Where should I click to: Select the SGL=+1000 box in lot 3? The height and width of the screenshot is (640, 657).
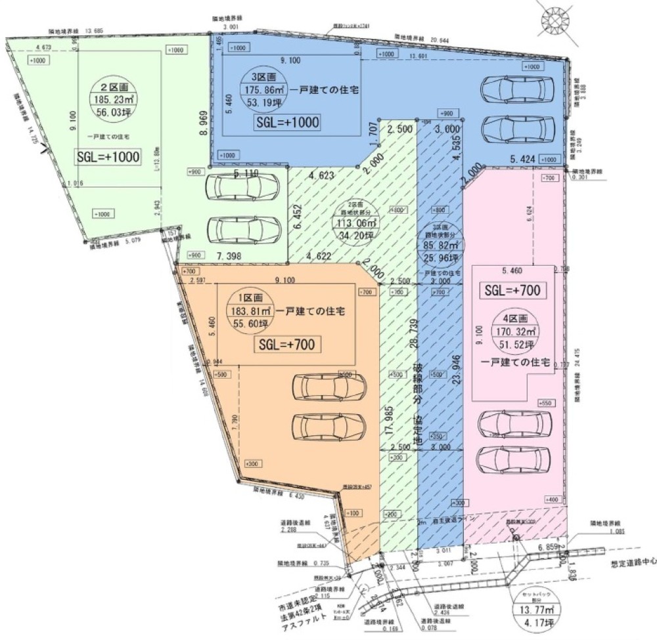286,123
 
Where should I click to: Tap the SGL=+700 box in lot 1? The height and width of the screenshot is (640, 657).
286,343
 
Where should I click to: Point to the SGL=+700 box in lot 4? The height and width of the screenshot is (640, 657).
516,289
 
